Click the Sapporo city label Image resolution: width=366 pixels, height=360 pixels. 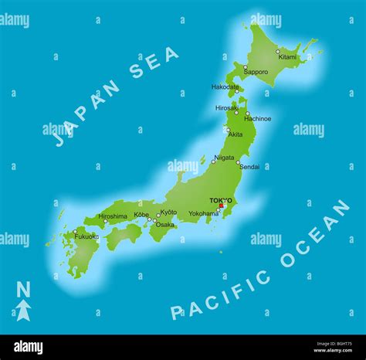coord(256,73)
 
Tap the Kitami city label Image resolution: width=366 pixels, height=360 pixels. coord(286,57)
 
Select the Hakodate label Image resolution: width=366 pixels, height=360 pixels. coord(225,87)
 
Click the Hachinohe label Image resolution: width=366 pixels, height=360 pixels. coord(258,119)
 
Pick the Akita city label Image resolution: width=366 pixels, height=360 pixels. coord(236,134)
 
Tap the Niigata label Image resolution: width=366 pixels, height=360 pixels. coord(224,158)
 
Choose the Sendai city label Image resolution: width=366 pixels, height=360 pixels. coord(249,166)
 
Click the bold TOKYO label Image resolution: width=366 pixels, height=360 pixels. coord(221,200)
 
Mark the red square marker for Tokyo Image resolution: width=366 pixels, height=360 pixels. coord(221,205)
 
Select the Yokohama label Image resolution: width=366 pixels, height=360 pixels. coord(204,213)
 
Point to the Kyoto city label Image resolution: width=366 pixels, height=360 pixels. coord(168,212)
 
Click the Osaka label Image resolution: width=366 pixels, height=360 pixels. coord(165,225)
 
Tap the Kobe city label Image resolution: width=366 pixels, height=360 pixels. coord(141,215)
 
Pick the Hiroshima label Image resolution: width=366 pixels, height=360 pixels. coord(113,216)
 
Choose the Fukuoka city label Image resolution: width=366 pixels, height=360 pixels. coord(86,236)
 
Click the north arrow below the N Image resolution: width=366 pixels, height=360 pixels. coord(24,311)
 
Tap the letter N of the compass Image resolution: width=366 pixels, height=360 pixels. coord(24,290)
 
